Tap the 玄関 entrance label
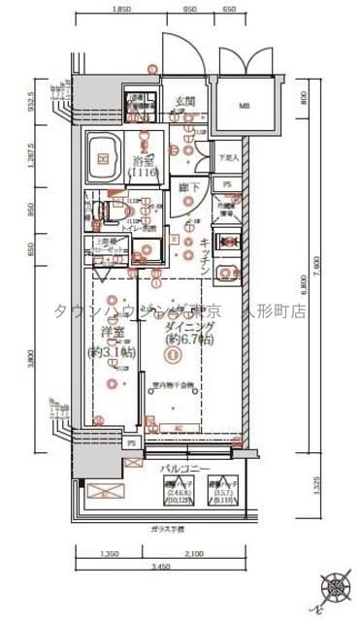185,101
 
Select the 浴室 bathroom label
145,165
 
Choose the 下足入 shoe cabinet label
228,156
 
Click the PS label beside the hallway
227,183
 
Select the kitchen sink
228,275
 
